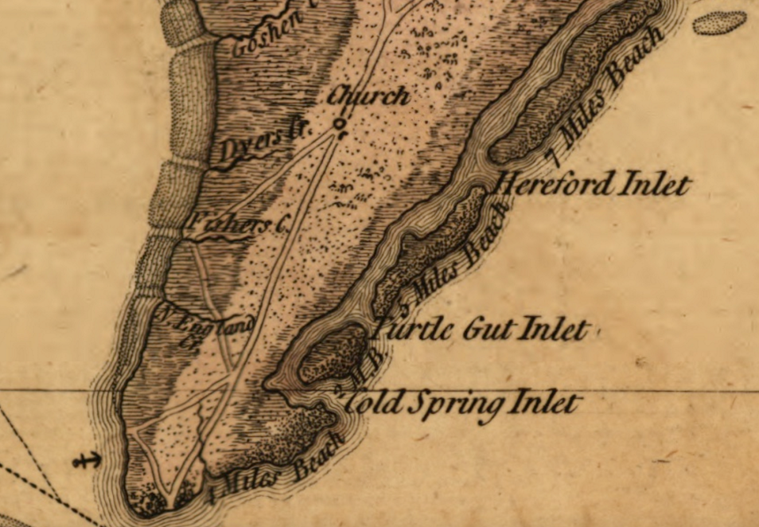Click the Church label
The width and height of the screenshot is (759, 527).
tap(368, 96)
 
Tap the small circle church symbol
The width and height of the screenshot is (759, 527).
tap(341, 124)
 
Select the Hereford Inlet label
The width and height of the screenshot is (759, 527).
tap(593, 185)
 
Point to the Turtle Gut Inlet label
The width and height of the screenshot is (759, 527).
tap(484, 329)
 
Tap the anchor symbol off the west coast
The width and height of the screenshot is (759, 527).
tap(87, 459)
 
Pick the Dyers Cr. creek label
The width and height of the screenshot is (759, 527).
tap(253, 145)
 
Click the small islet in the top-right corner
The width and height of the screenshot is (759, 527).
tap(720, 22)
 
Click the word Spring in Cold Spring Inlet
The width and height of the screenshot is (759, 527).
tap(456, 404)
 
